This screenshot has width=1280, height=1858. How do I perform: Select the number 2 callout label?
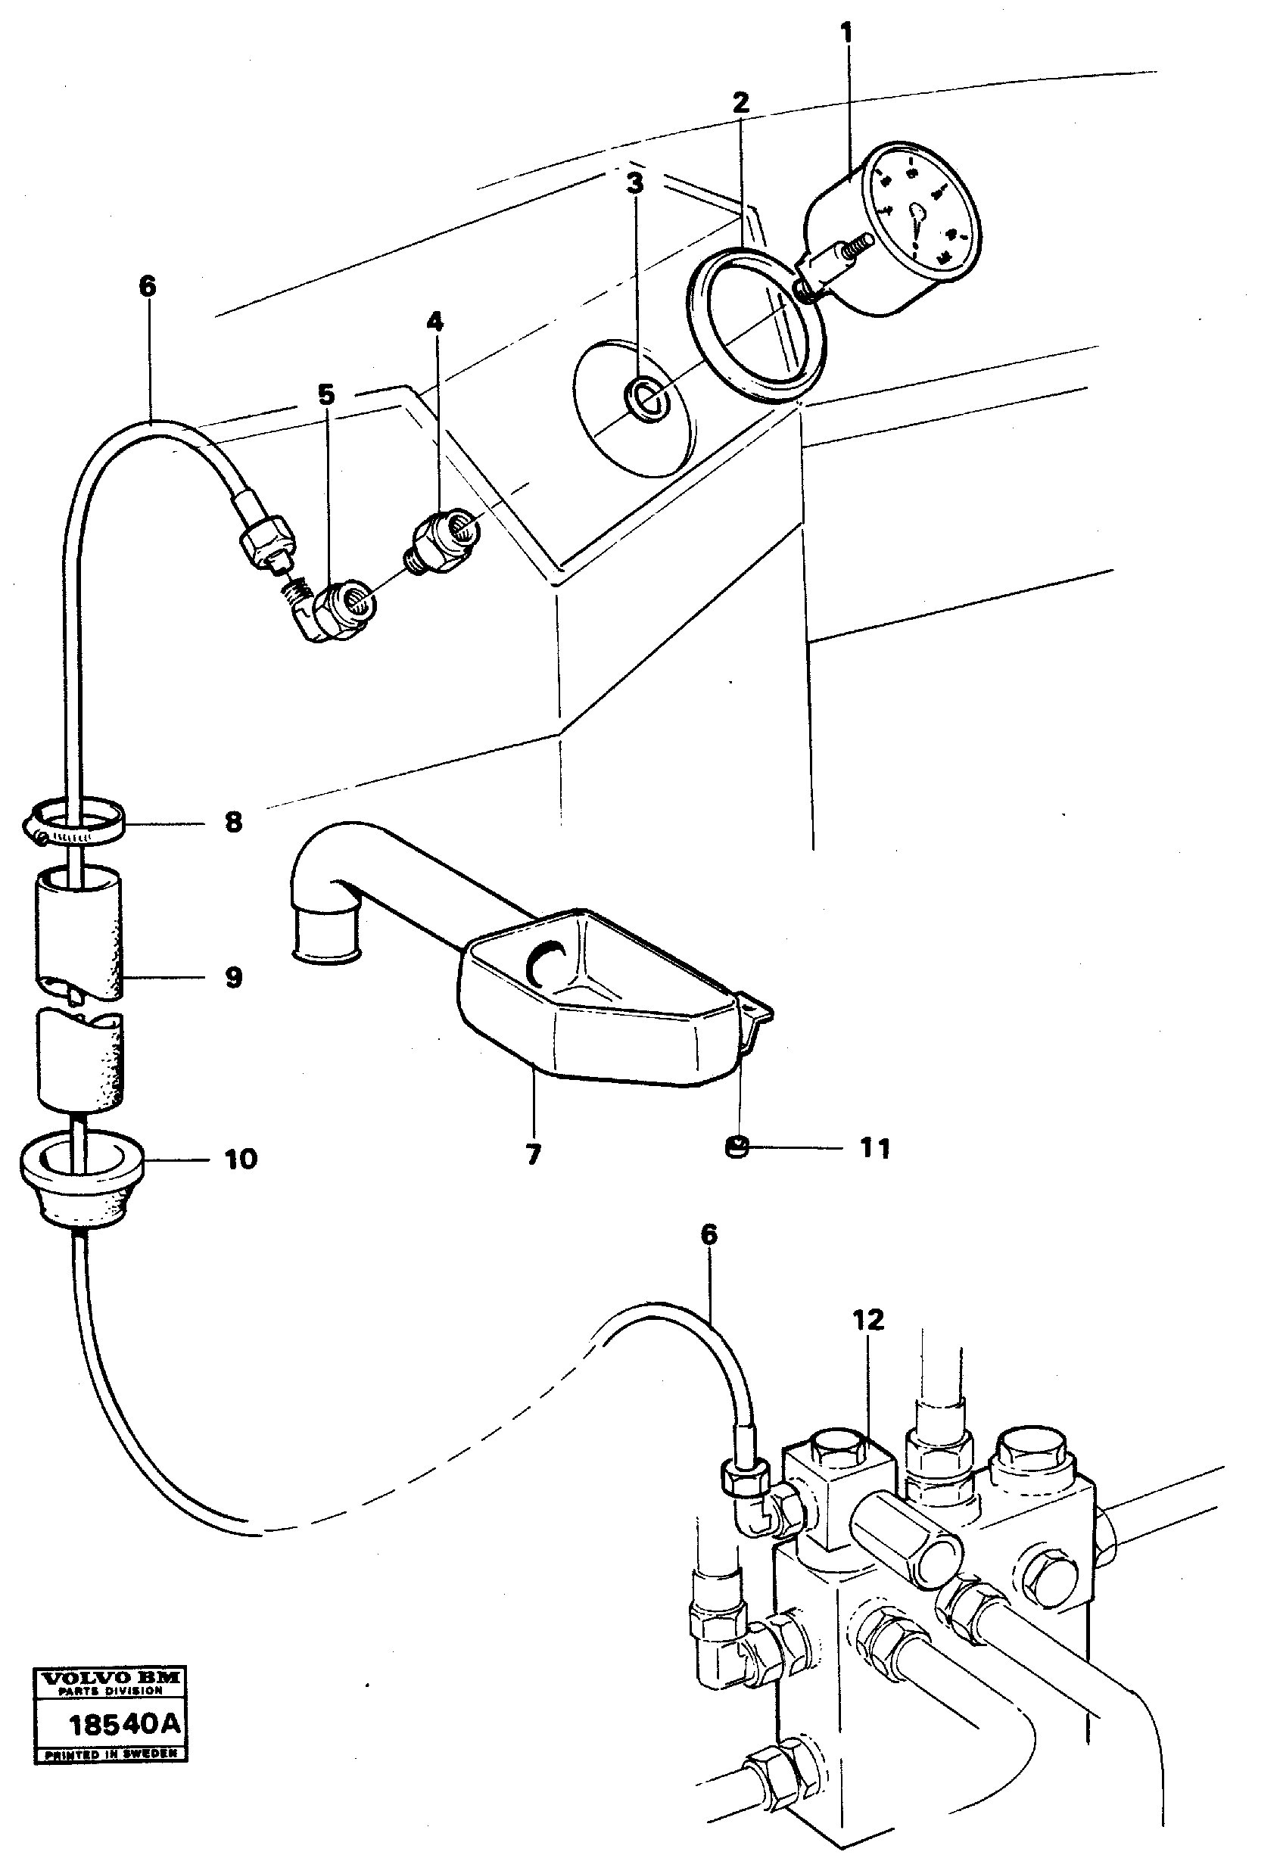pos(740,102)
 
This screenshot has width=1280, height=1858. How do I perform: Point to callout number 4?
pos(434,322)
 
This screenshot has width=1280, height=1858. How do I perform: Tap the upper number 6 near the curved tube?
pos(148,286)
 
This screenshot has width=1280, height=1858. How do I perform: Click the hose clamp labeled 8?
pos(73,824)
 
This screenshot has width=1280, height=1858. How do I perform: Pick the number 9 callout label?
pos(233,978)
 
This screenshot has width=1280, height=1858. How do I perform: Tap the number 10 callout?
pos(241,1159)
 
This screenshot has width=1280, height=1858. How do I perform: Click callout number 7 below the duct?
pos(534,1154)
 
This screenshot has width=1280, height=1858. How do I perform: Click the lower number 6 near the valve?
pos(709,1235)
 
